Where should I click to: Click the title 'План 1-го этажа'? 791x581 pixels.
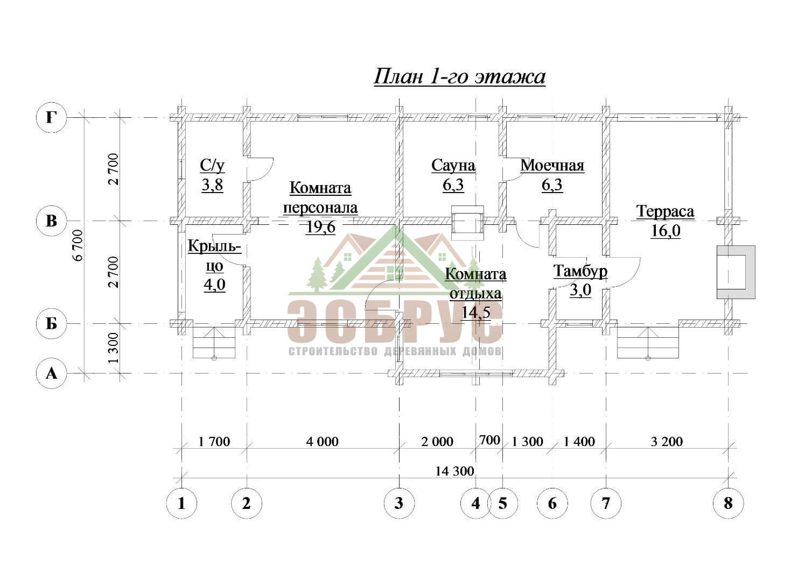coord(459,76)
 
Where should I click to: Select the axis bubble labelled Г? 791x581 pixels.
coord(52,117)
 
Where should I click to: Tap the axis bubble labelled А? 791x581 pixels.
coord(52,373)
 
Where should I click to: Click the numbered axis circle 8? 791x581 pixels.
coord(728,504)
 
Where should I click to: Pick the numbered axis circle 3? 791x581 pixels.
coord(399,504)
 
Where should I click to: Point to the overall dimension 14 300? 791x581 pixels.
coord(454,471)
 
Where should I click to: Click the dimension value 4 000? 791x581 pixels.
coord(323,441)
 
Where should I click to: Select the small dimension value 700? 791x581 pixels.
coord(489,440)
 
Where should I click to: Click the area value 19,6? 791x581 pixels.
coord(320,227)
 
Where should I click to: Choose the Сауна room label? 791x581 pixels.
coord(453,166)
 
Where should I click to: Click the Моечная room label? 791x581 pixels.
coord(552,166)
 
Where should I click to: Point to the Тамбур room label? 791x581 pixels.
coord(580,271)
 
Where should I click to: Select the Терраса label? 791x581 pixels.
coord(666,211)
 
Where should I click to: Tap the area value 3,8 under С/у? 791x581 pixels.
coord(212,185)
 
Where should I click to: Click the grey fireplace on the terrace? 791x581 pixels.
coord(736,272)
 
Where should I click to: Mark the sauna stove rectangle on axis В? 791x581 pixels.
coord(468,223)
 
